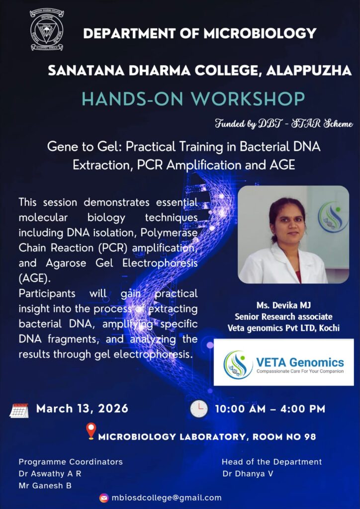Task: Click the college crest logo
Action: pyautogui.click(x=47, y=30)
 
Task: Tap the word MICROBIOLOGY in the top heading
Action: pyautogui.click(x=259, y=33)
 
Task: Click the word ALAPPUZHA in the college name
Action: pyautogui.click(x=309, y=71)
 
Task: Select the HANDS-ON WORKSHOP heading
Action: pyautogui.click(x=193, y=99)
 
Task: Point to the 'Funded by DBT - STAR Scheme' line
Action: pyautogui.click(x=284, y=124)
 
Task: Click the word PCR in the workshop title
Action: pyautogui.click(x=151, y=165)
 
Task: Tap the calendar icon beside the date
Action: pyautogui.click(x=19, y=410)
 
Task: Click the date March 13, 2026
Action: pyautogui.click(x=82, y=409)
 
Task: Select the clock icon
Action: pyautogui.click(x=199, y=409)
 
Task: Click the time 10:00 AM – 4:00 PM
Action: pyautogui.click(x=270, y=409)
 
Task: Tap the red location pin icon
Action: pyautogui.click(x=91, y=431)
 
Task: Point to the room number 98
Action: pyautogui.click(x=310, y=436)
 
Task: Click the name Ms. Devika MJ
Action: pyautogui.click(x=284, y=306)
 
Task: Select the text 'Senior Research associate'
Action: pyautogui.click(x=284, y=317)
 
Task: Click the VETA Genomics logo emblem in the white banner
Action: pyautogui.click(x=238, y=364)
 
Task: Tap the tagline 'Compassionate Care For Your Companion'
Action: pyautogui.click(x=300, y=371)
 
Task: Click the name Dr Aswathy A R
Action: pyautogui.click(x=50, y=474)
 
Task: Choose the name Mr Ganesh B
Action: pyautogui.click(x=45, y=486)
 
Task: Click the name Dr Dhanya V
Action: pyautogui.click(x=248, y=474)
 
